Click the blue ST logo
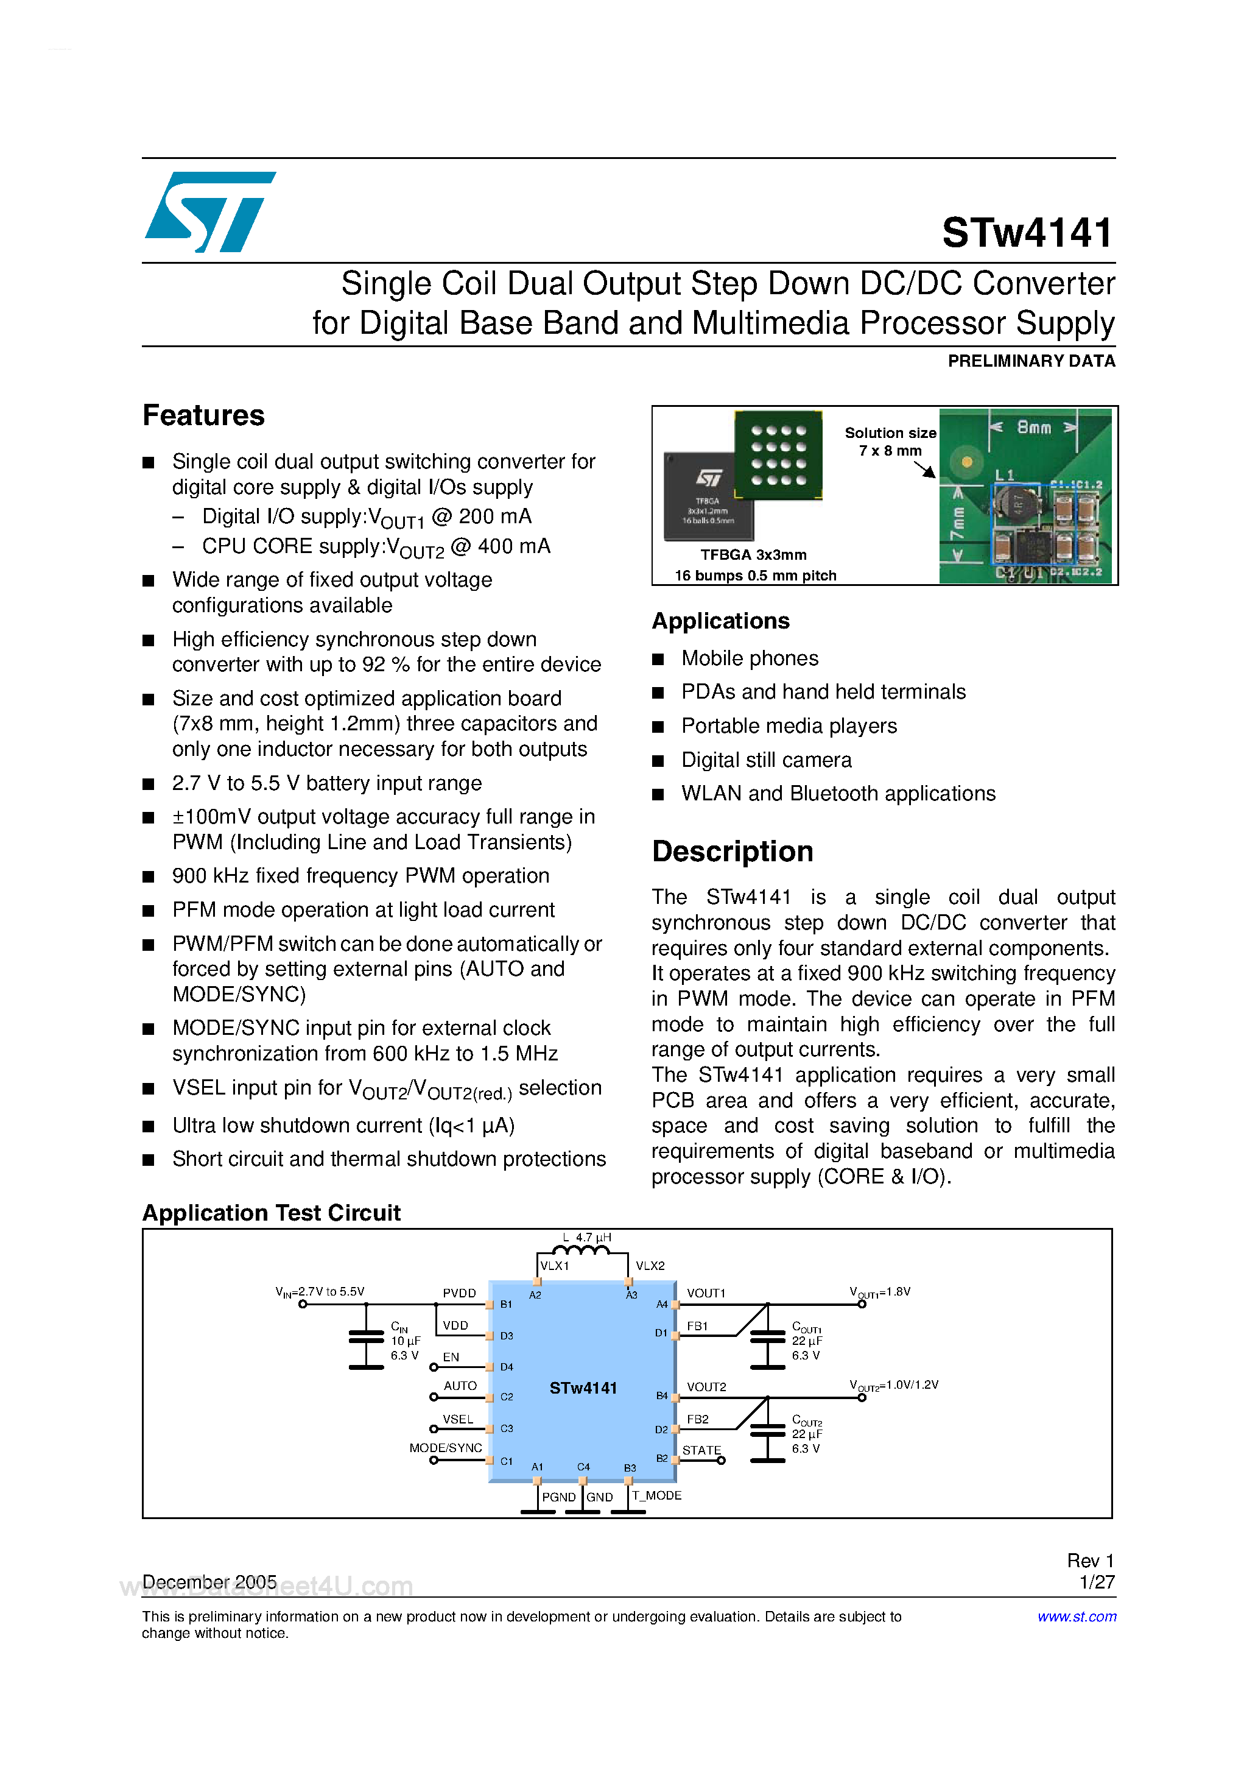(x=209, y=212)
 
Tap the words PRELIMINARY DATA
(x=1031, y=361)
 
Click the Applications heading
(x=720, y=621)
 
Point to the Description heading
(x=732, y=852)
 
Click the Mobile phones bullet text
(x=749, y=658)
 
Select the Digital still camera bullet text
(x=766, y=760)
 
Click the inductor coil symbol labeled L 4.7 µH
(x=581, y=1250)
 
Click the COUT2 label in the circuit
(x=807, y=1421)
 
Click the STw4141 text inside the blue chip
(x=583, y=1389)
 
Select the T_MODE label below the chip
(x=656, y=1495)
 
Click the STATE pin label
(x=701, y=1450)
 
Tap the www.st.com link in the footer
(x=1077, y=1617)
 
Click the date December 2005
(x=209, y=1582)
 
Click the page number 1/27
(x=1097, y=1582)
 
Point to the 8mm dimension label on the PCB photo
(x=1034, y=428)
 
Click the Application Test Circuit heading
(x=272, y=1213)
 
